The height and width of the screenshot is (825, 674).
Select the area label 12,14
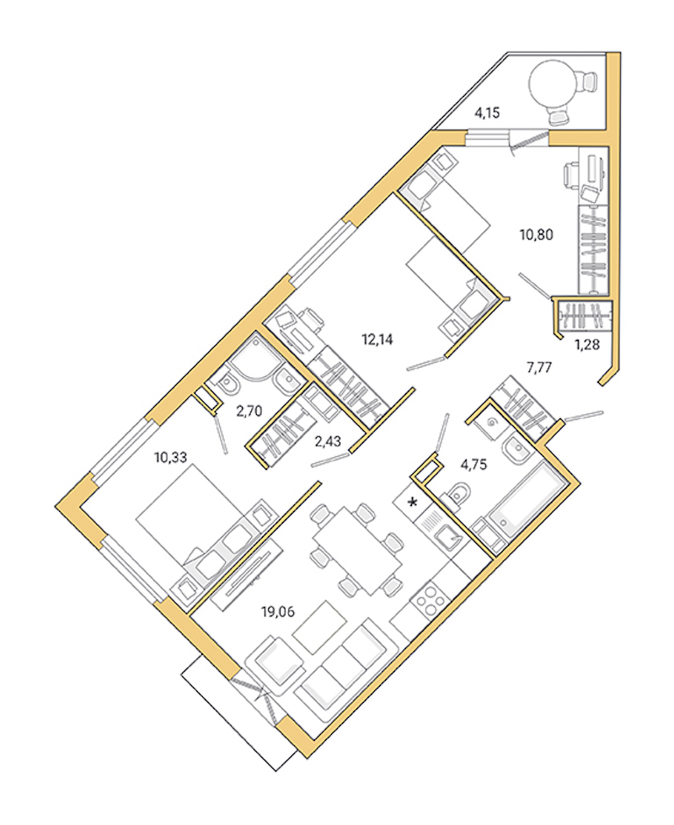pyautogui.click(x=377, y=339)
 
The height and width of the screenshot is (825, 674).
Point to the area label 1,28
pyautogui.click(x=586, y=343)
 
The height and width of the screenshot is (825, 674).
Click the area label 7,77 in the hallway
pyautogui.click(x=539, y=367)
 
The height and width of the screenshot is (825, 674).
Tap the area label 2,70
pyautogui.click(x=249, y=411)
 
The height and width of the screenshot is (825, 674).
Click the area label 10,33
pyautogui.click(x=169, y=457)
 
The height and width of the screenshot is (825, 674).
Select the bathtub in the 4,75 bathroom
pyautogui.click(x=524, y=501)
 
